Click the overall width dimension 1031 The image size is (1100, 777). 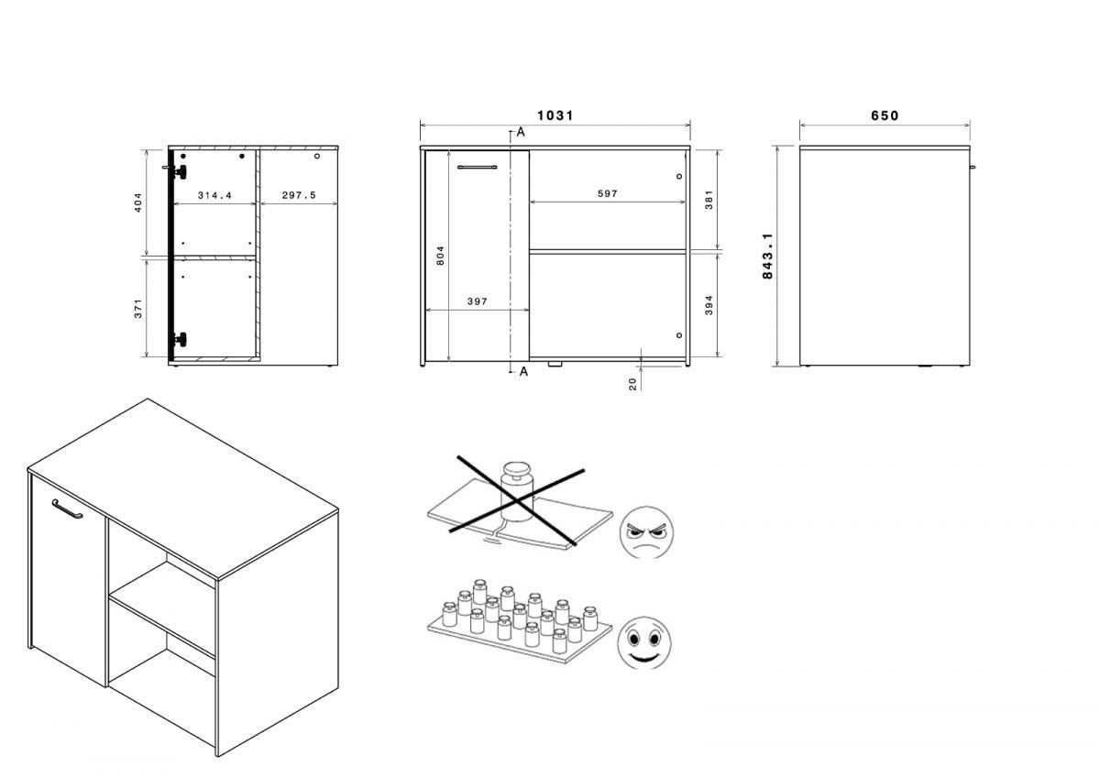tap(555, 115)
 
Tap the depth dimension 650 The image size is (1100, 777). tap(885, 115)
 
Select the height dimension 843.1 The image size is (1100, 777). tap(767, 257)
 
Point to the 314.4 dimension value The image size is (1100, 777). tap(214, 195)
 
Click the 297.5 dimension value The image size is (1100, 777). tap(299, 195)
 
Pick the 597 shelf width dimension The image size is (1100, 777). tap(608, 194)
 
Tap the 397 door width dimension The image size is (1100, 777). tap(478, 301)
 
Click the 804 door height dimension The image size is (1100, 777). tap(440, 256)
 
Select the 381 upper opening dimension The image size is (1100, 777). tap(709, 200)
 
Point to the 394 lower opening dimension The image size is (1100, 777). tap(709, 305)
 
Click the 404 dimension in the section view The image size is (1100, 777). tap(138, 202)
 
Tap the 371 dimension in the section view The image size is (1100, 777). tap(138, 308)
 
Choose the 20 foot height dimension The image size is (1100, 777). tap(632, 384)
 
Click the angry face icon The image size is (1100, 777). tap(646, 532)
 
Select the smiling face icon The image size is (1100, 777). tap(644, 642)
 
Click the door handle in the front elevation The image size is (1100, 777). tap(477, 168)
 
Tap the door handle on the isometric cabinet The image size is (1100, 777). tap(68, 509)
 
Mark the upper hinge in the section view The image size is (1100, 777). tap(180, 171)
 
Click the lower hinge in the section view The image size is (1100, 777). tap(180, 339)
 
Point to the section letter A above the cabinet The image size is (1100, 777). tap(521, 132)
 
